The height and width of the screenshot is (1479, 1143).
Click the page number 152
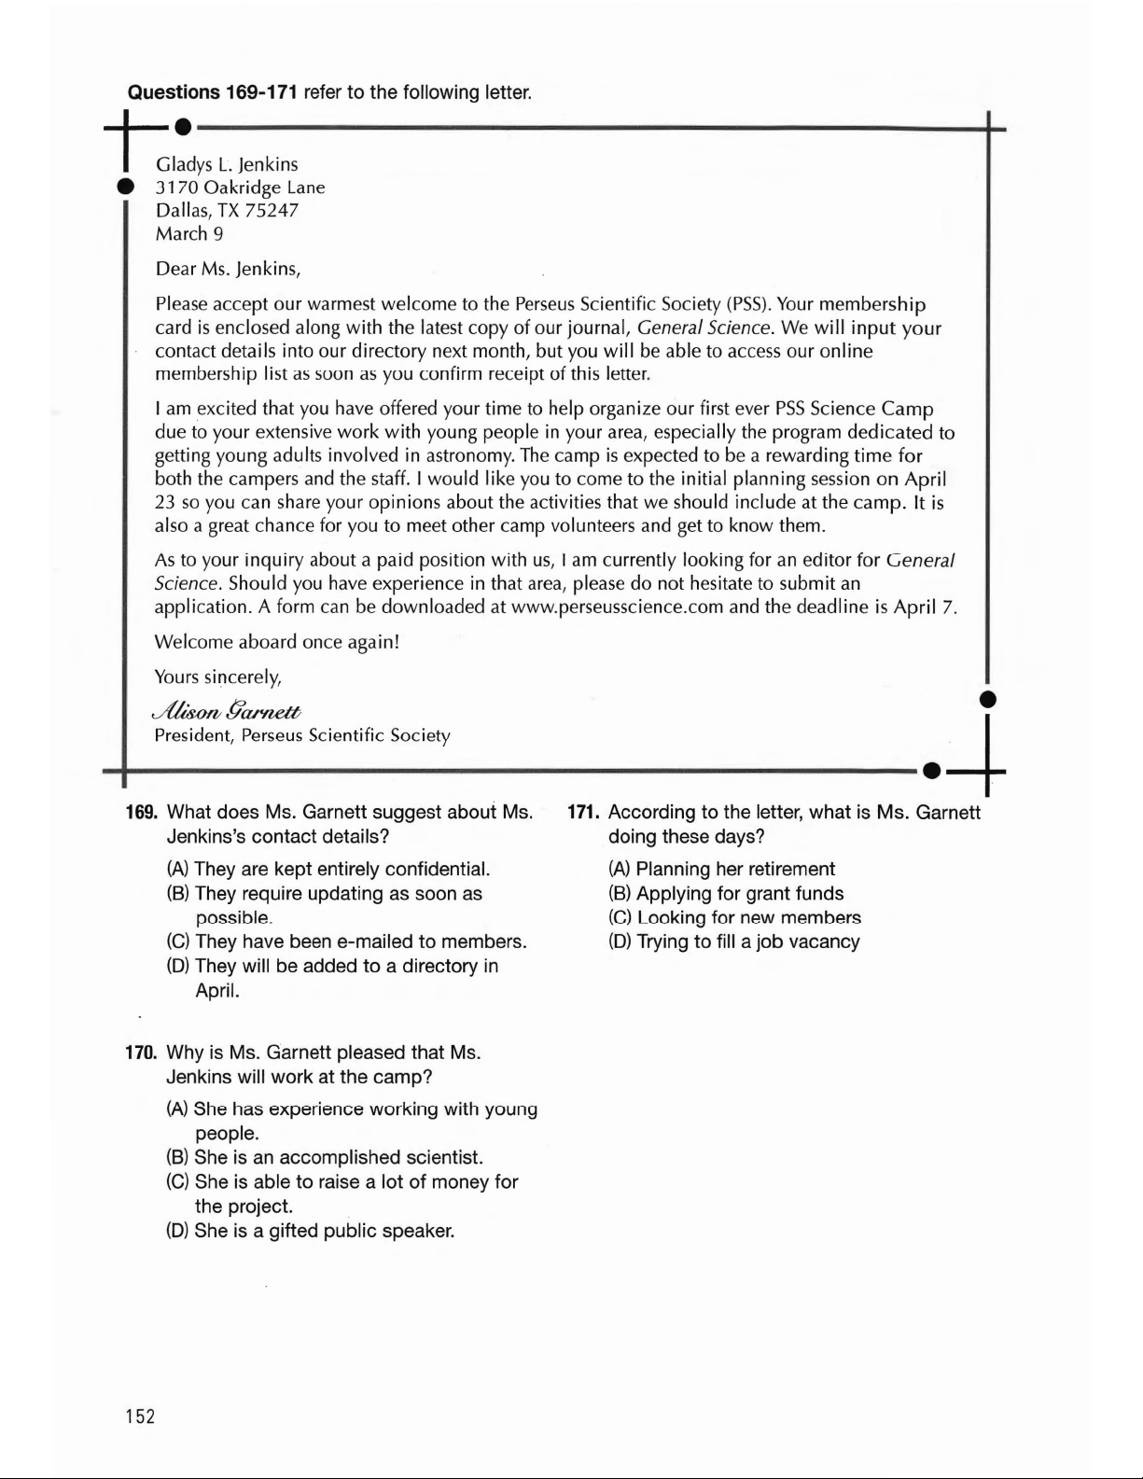pos(141,1416)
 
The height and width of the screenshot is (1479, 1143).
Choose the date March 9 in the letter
pos(189,234)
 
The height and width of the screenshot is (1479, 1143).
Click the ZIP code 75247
pos(272,211)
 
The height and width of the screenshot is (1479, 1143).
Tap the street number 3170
pos(177,188)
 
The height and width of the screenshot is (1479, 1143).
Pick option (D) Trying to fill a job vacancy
pos(733,942)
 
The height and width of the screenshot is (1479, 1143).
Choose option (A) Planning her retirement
pos(721,869)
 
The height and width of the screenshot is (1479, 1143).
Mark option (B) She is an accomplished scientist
pos(325,1158)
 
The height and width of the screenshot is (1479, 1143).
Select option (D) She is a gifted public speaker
pos(310,1231)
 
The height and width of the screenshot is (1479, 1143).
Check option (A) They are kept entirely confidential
pos(328,870)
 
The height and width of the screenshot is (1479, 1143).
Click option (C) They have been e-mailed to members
pos(346,942)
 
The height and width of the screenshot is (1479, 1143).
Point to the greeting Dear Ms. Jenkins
pos(228,270)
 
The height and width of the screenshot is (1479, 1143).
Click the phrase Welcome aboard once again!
pos(276,642)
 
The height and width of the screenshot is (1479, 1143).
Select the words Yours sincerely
pos(217,677)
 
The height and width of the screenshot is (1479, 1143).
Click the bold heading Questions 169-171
pos(212,92)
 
